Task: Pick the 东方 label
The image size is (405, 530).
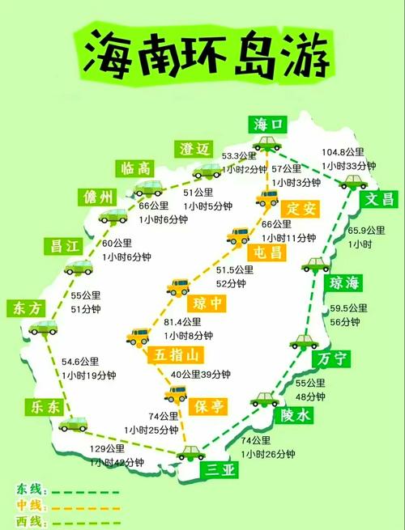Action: pos(26,307)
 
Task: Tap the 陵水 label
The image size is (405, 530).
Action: pos(295,415)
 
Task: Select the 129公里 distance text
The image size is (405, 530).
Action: pos(108,448)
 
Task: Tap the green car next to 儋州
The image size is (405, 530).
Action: pos(113,215)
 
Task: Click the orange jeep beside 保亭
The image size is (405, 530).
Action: pos(175,394)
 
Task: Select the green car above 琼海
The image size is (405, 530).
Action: pos(313,265)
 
